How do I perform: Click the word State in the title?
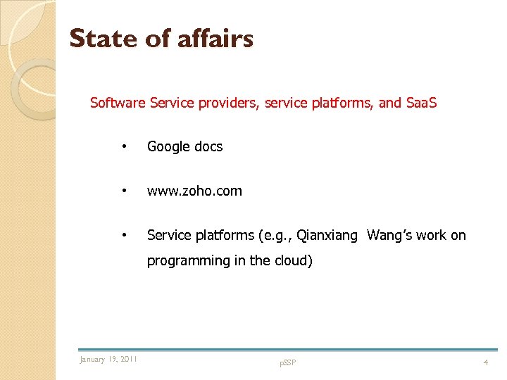pos(103,39)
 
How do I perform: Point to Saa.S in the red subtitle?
pos(422,103)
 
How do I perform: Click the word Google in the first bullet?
pos(168,147)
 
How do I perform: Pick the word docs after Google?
pos(208,147)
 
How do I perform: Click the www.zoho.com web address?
pos(194,191)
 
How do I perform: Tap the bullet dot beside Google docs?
pos(124,146)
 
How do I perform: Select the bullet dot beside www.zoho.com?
pos(124,190)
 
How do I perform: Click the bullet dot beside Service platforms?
pos(124,234)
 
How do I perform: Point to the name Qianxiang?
pos(327,236)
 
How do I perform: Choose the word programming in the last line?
pos(189,261)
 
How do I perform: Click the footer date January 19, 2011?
pos(108,360)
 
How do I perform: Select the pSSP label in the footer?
pos(288,362)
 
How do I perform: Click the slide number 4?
pos(485,362)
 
